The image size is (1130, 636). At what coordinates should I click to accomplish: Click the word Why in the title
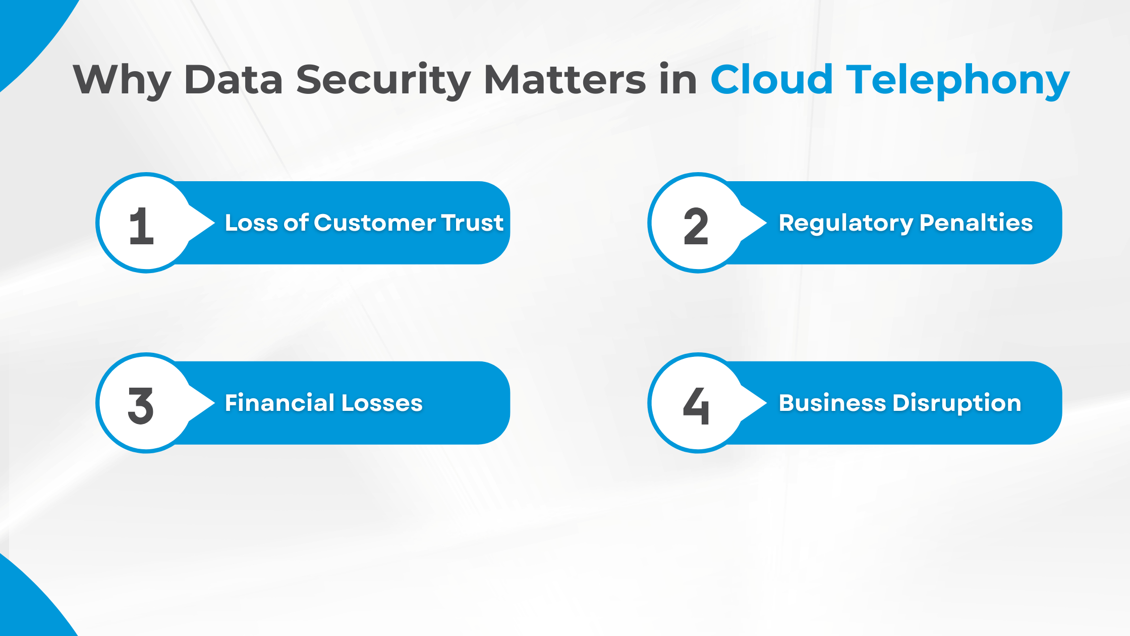[x=122, y=80]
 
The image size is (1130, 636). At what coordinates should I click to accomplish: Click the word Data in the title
[x=233, y=80]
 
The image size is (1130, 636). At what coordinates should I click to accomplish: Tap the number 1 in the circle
[x=141, y=226]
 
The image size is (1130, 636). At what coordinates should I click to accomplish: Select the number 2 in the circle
[x=696, y=226]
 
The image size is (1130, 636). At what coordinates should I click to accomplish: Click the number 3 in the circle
[x=141, y=406]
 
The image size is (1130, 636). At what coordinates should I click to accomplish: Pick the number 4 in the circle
[x=696, y=406]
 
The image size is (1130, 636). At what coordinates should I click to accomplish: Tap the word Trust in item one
[x=473, y=223]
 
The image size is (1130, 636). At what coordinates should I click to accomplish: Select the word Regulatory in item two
[x=845, y=223]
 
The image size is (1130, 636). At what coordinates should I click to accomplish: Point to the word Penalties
[x=976, y=223]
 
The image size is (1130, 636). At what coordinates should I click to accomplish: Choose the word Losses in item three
[x=382, y=403]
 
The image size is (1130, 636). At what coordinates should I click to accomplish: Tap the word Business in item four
[x=832, y=403]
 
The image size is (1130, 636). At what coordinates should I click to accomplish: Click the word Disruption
[x=957, y=403]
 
